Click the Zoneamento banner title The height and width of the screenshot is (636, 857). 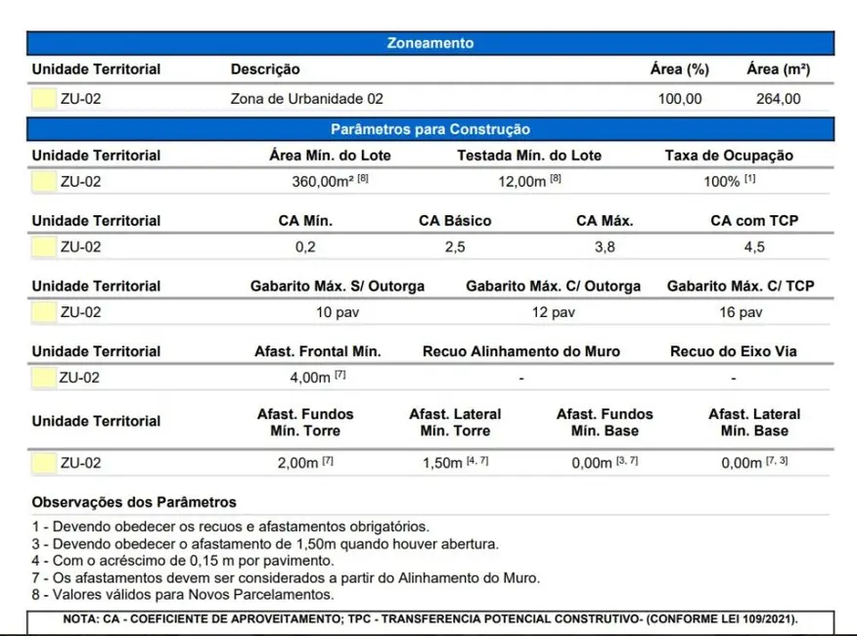point(430,43)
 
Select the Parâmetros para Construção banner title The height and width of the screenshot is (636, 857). point(430,129)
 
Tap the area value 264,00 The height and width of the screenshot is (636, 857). point(778,99)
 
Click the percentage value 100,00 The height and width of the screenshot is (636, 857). point(679,99)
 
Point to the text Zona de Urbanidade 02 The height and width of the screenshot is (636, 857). point(306,99)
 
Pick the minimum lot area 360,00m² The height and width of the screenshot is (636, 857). point(323,182)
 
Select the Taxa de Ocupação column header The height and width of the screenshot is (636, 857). point(729,156)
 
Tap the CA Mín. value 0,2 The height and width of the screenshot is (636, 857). point(305,248)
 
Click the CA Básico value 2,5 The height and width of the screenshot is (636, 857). point(455,248)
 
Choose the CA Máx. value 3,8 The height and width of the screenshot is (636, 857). point(605,248)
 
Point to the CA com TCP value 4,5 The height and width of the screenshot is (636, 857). point(754,248)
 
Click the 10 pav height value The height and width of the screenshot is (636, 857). point(337,313)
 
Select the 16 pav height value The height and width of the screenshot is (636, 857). point(741,313)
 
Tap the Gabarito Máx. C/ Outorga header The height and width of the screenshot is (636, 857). point(553,287)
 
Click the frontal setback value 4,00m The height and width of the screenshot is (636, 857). point(310,379)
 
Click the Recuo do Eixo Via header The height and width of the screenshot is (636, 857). point(733,351)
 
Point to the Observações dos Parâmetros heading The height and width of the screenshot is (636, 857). point(134,503)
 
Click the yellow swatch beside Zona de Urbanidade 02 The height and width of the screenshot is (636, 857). point(43,99)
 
